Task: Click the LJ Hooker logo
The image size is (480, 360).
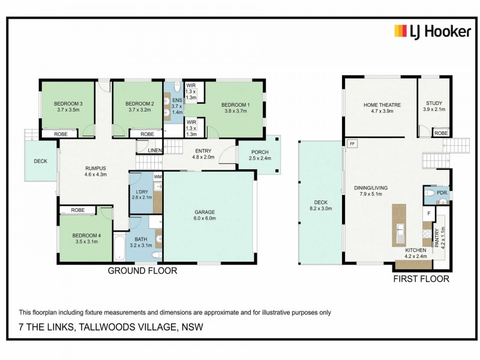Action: click(432, 31)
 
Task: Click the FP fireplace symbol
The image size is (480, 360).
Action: click(352, 144)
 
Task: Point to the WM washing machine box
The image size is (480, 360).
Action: click(158, 177)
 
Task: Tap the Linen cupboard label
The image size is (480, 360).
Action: click(154, 150)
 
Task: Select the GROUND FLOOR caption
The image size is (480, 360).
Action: click(142, 271)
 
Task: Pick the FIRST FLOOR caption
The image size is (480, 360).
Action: click(421, 279)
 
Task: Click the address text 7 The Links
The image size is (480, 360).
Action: click(111, 327)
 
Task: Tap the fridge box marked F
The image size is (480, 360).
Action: click(429, 213)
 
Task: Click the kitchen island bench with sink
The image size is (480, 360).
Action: click(399, 225)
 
